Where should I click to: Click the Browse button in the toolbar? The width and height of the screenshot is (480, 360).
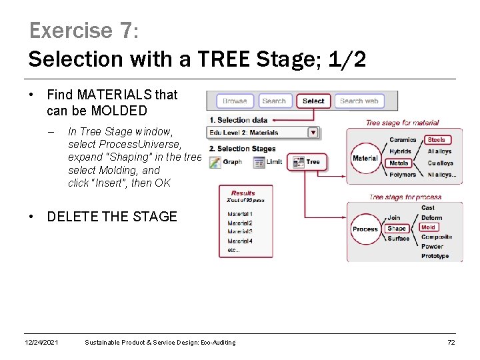coord(235,101)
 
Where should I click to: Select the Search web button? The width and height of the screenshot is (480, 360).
coord(359,101)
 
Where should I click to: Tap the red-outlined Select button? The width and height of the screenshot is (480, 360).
coord(313,101)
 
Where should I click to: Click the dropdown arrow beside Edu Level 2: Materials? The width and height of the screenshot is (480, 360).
coord(313,133)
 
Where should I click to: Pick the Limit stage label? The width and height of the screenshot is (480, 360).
coord(274,162)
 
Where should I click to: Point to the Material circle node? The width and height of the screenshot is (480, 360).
coord(365,159)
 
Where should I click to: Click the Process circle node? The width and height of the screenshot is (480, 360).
coord(365,229)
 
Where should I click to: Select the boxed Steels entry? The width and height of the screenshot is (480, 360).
coord(437,140)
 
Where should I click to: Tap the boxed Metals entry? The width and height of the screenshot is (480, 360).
coord(399,163)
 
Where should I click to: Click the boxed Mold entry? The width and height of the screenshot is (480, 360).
coord(428,227)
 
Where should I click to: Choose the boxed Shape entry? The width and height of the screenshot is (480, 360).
coord(397,229)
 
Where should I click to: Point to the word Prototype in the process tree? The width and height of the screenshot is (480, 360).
coord(435,256)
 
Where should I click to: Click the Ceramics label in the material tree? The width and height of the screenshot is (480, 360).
coord(403,140)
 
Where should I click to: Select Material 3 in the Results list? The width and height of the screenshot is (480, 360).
coord(240,231)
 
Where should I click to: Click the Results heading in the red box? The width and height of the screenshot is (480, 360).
coord(243,193)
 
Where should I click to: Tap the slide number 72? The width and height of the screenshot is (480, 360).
coord(451,343)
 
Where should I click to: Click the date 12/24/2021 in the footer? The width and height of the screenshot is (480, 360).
coord(41,343)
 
